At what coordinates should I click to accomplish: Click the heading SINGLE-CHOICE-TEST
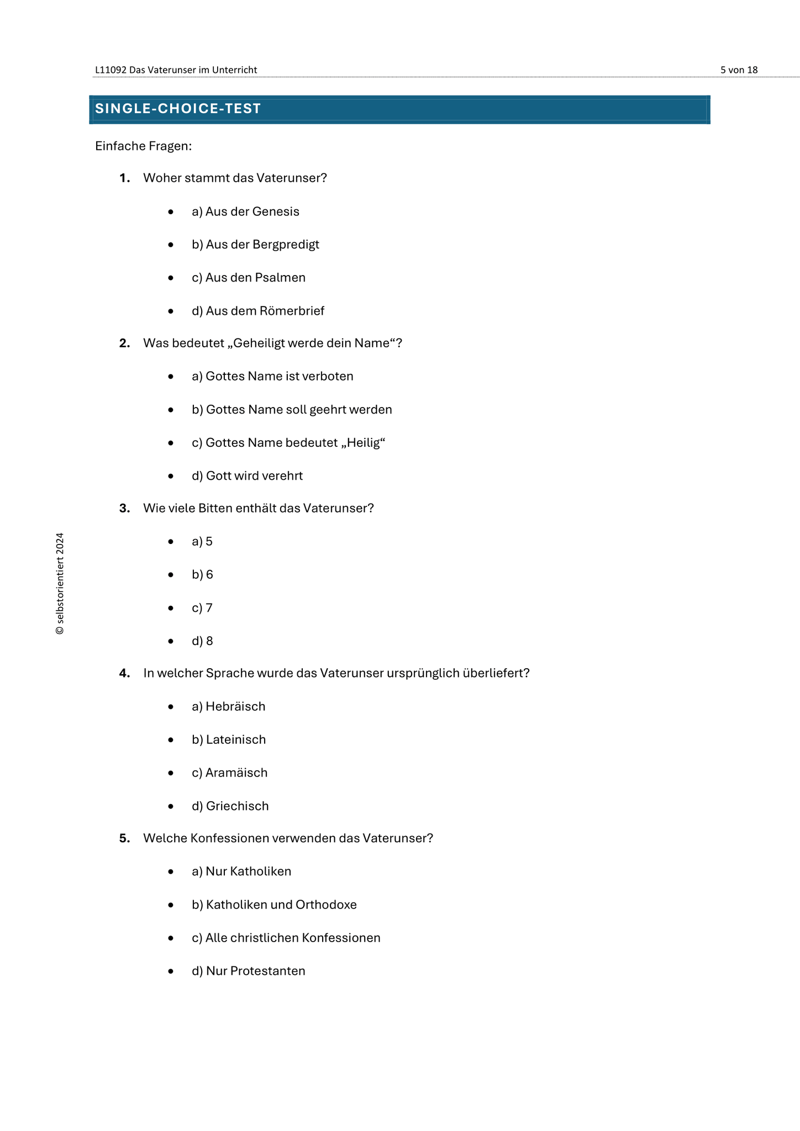(178, 109)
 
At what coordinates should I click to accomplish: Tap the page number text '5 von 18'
(739, 70)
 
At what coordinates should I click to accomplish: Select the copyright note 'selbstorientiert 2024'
(60, 583)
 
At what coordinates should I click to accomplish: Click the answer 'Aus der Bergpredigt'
(255, 245)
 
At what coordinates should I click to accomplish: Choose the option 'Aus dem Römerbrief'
(258, 311)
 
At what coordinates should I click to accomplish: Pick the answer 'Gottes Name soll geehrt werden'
(292, 410)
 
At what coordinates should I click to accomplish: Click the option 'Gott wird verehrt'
(247, 476)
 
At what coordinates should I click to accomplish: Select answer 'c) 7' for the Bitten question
(202, 608)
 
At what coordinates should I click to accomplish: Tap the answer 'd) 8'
(202, 641)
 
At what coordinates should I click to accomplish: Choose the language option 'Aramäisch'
(230, 773)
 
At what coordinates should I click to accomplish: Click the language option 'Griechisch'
(230, 806)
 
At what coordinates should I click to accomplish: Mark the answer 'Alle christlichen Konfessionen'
(286, 938)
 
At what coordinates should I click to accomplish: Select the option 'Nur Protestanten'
(249, 971)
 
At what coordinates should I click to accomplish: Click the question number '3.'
(125, 508)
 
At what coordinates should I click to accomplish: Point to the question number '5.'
(125, 838)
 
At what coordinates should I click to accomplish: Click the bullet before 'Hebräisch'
(171, 707)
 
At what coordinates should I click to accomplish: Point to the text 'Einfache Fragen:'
(143, 146)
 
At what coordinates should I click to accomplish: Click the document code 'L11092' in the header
(110, 70)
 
